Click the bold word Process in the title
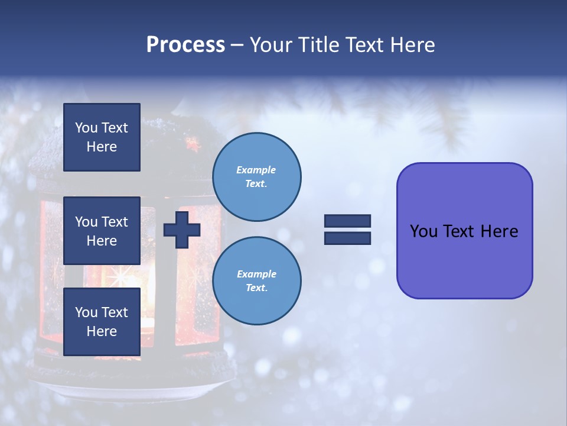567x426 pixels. coord(185,45)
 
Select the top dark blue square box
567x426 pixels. coord(102,137)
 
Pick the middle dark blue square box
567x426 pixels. coord(102,231)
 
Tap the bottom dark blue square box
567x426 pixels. coord(102,321)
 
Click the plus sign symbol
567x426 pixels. coord(181,230)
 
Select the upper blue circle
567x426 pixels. coord(256,176)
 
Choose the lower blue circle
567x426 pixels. coord(256,280)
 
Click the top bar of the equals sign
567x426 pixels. coord(347,221)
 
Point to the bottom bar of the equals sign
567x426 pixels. coord(347,238)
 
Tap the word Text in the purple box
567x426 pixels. coord(461,231)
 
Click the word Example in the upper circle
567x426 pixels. coord(256,170)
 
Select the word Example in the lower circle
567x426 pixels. coord(256,274)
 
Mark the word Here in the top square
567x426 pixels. coord(102,147)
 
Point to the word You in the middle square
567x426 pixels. coord(86,222)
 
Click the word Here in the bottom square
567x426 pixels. coord(102,331)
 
